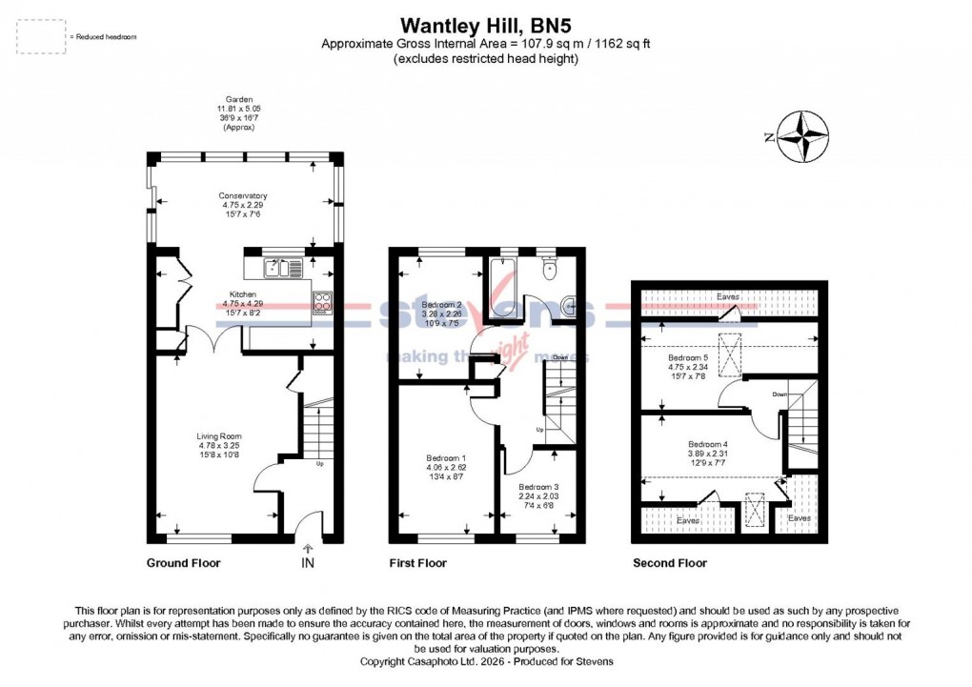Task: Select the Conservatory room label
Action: point(242,196)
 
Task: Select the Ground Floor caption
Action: point(183,563)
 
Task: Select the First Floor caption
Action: point(417,563)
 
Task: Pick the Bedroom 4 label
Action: point(707,444)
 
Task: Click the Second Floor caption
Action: point(670,563)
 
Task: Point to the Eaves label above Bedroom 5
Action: point(728,297)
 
